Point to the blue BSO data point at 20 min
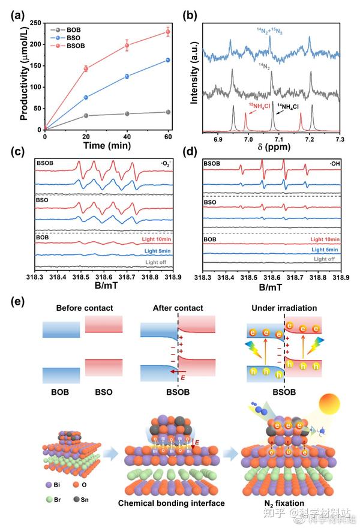pos(86,97)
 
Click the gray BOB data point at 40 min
pos(127,113)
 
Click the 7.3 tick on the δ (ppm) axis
pos(340,139)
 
